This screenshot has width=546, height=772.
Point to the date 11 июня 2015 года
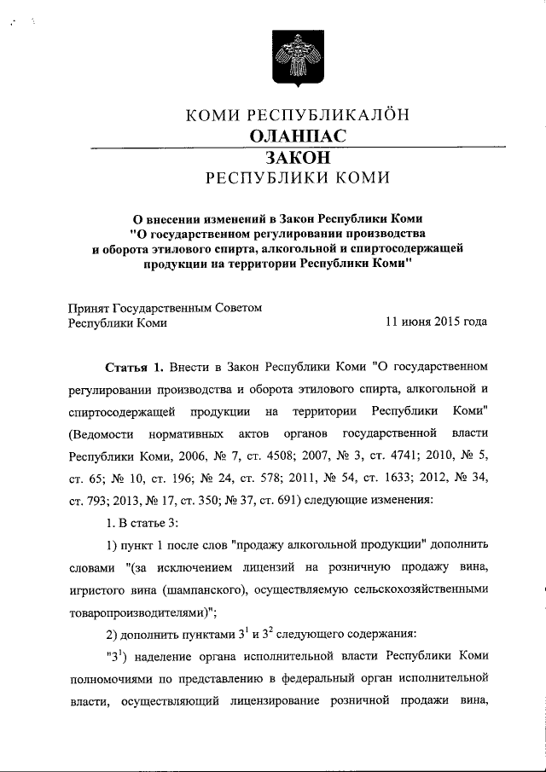click(437, 322)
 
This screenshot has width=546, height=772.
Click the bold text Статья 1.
click(133, 367)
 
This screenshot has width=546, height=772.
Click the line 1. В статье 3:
click(142, 522)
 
